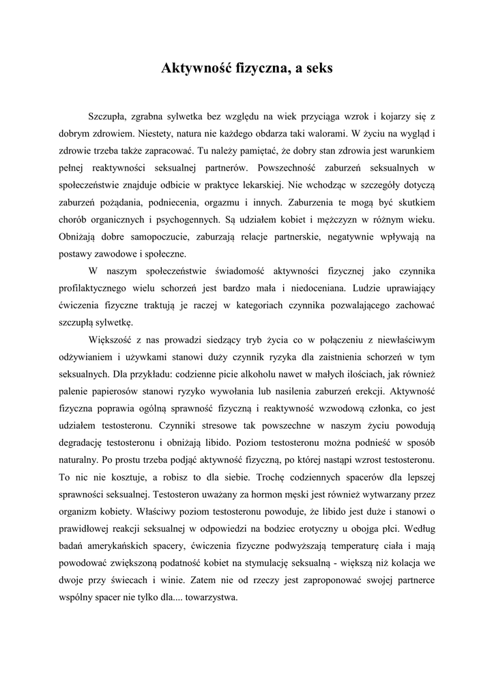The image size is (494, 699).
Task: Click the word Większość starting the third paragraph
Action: click(x=111, y=340)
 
